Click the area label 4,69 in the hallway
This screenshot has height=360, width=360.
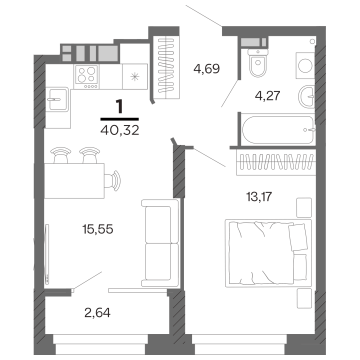click(x=206, y=68)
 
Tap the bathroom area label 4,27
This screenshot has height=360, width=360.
click(x=266, y=95)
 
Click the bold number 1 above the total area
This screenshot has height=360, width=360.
click(x=119, y=106)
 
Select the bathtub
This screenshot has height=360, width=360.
click(x=278, y=130)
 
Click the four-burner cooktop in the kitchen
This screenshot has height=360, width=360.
click(x=86, y=76)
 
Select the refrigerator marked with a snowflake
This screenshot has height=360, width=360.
click(x=134, y=76)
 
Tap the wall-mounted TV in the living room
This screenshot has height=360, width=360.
click(x=47, y=253)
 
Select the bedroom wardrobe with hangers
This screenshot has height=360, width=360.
click(x=274, y=162)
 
